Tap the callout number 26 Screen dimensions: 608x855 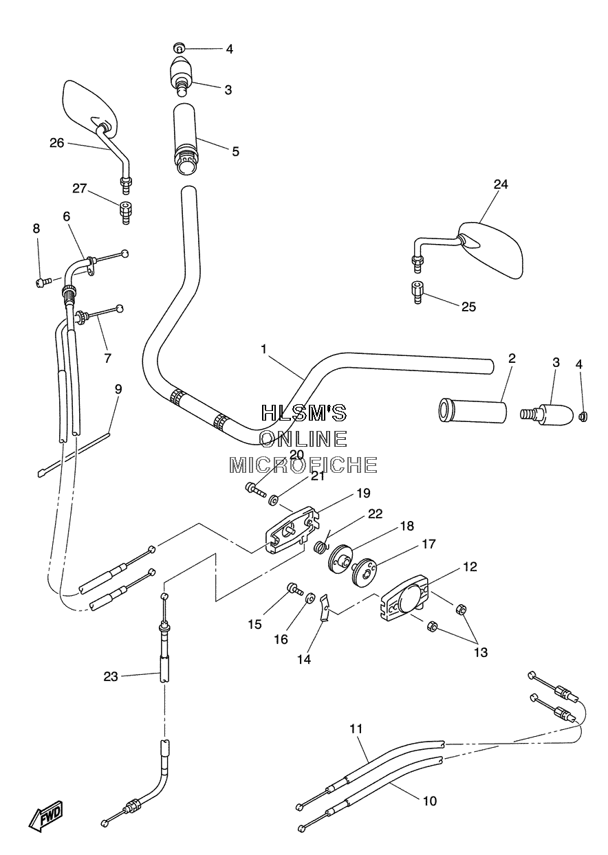57,144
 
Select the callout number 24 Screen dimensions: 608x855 501,184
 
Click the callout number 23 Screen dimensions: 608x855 111,677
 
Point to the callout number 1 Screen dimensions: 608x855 263,349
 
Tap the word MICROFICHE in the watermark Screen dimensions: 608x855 303,465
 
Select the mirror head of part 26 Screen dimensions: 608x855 90,109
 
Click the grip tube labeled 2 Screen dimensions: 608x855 472,411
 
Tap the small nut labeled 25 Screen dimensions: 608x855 417,292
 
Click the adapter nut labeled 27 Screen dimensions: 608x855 125,212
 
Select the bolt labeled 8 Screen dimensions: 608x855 43,282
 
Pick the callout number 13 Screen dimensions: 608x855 481,652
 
